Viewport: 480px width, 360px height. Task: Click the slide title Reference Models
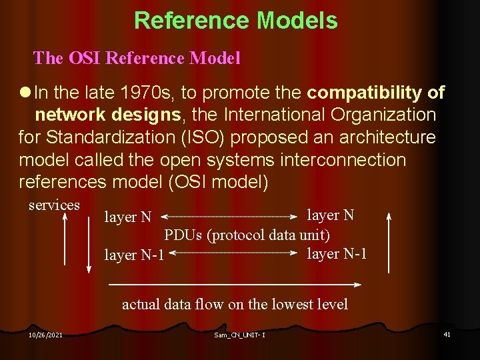(235, 21)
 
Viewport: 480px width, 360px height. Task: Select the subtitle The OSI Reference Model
(137, 58)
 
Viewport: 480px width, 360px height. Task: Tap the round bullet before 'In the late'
(25, 92)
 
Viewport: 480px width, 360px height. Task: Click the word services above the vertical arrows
(54, 205)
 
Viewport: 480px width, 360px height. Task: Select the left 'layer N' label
(128, 217)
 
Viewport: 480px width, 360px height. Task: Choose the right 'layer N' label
(330, 215)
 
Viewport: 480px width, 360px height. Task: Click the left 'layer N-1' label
(134, 255)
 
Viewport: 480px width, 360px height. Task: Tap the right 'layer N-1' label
(337, 253)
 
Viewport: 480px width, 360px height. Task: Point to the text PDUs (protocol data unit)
(247, 235)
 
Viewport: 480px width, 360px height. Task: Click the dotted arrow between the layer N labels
(230, 217)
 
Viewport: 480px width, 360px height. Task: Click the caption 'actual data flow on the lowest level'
(235, 305)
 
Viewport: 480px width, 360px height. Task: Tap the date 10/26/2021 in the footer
(45, 334)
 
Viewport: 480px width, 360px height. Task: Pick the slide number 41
(447, 334)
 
